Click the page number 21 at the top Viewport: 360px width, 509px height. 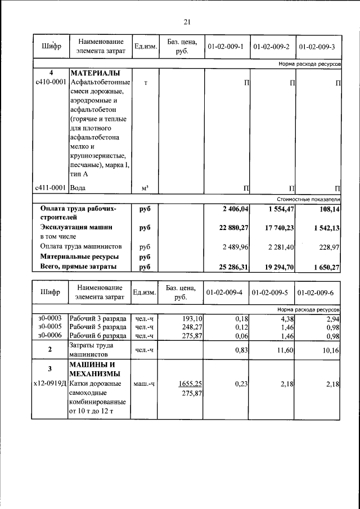(187, 22)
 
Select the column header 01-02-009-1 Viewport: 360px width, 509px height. (225, 47)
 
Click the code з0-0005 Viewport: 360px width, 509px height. (50, 327)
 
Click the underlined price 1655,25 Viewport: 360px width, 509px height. (190, 384)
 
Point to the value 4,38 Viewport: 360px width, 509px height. (287, 318)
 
